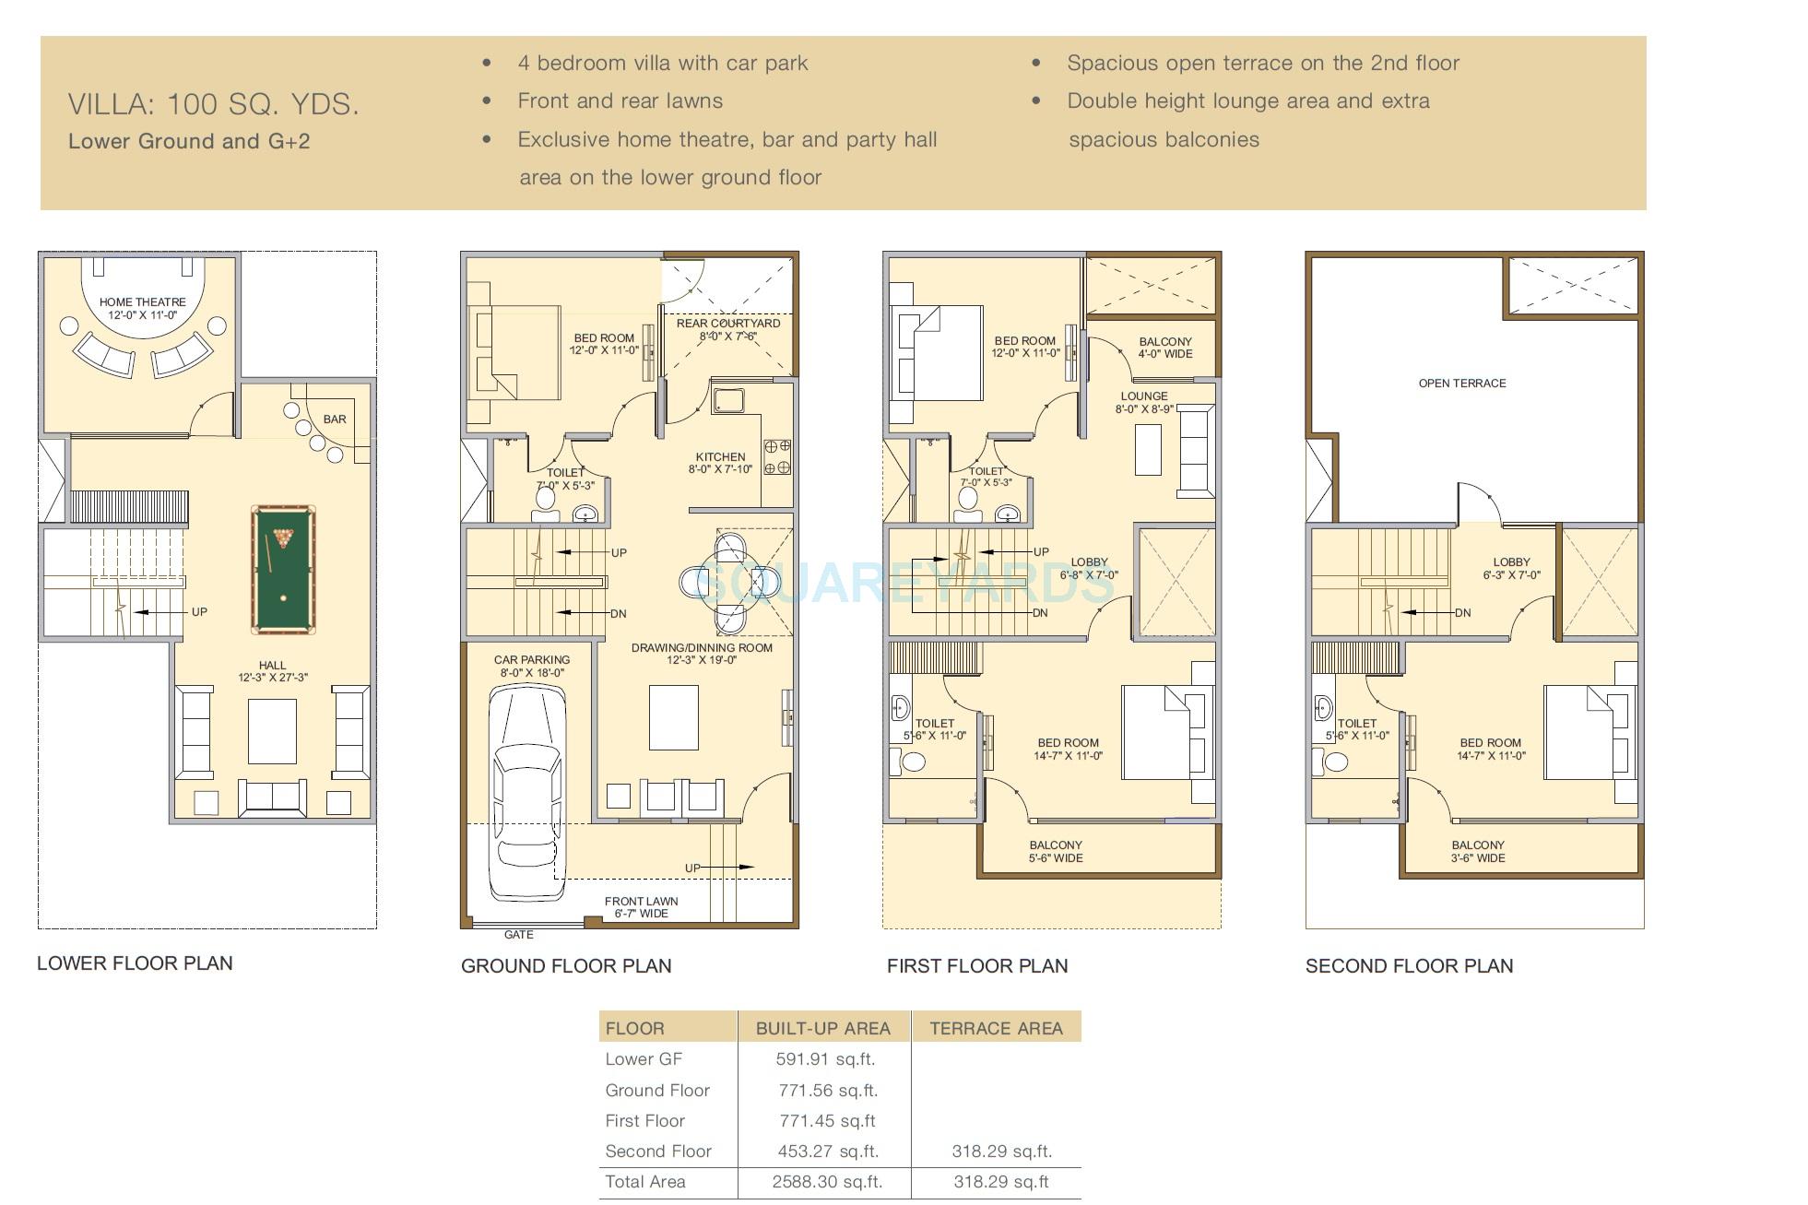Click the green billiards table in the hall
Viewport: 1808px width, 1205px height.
(x=282, y=569)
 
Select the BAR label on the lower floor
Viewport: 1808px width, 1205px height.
(x=335, y=419)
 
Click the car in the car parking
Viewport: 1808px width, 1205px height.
(x=526, y=793)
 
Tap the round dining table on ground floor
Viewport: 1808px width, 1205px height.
(x=730, y=583)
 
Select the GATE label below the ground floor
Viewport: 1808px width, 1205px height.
(x=519, y=935)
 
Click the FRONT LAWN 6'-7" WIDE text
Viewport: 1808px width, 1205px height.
(x=641, y=907)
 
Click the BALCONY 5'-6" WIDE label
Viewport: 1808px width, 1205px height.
(x=1056, y=851)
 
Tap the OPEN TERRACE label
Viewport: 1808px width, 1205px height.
(x=1461, y=384)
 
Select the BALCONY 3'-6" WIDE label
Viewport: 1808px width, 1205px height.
(x=1478, y=851)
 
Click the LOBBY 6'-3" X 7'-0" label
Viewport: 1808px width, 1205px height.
(x=1511, y=568)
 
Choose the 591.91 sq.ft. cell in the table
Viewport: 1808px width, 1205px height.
(x=825, y=1059)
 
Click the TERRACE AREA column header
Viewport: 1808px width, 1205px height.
(x=996, y=1028)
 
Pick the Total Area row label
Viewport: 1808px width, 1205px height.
(x=645, y=1182)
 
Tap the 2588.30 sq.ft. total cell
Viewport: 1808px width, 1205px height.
(x=826, y=1182)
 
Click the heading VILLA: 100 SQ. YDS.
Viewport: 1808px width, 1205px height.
(x=213, y=104)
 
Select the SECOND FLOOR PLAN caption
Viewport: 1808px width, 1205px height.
(x=1409, y=966)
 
